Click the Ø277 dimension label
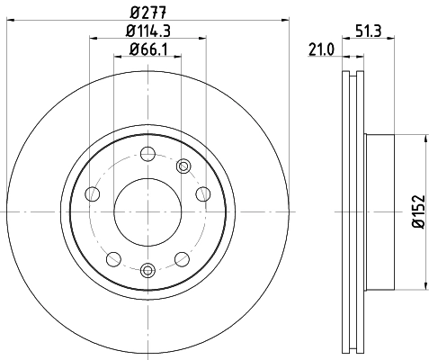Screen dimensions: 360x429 pos(147,12)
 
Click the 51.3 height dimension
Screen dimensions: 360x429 pos(365,31)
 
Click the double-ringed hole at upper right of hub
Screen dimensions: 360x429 pos(184,165)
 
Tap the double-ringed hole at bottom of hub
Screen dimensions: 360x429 pos(147,268)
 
